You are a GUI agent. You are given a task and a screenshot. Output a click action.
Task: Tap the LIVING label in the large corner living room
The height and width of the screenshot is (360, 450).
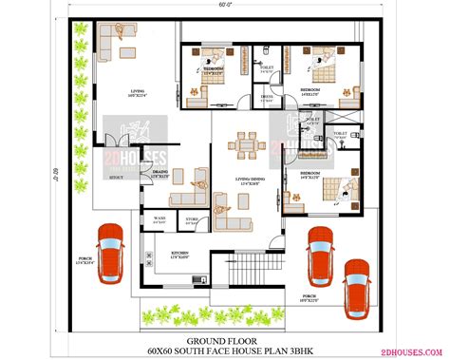(x=138, y=91)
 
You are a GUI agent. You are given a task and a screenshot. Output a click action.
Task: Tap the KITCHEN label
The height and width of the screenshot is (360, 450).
(x=179, y=254)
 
